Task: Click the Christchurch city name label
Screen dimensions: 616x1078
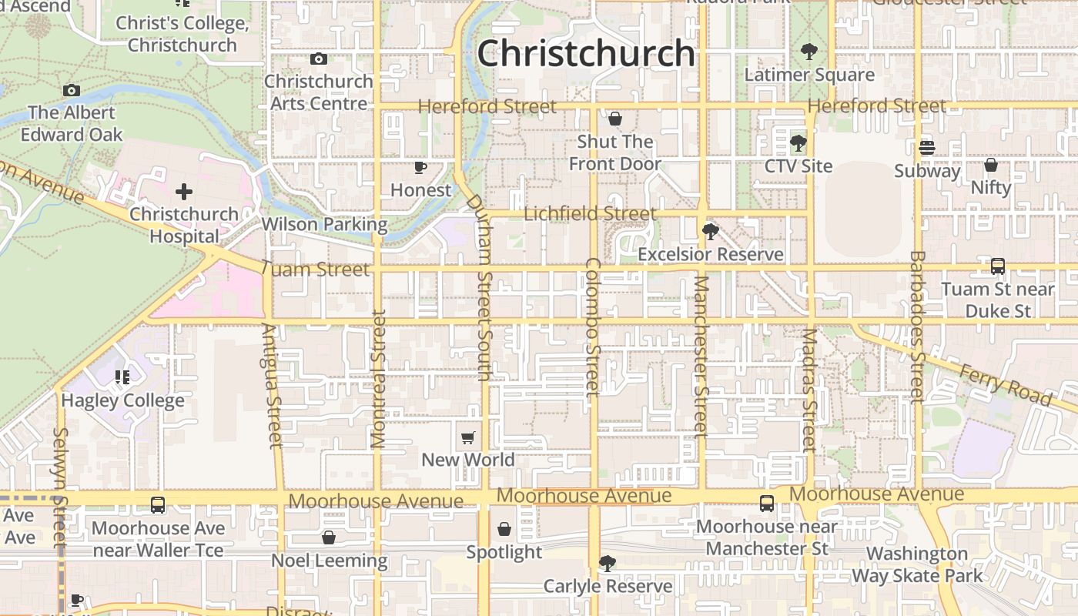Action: (586, 54)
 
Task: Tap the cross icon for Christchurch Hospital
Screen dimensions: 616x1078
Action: (183, 192)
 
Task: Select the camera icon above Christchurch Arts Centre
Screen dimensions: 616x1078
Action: (318, 59)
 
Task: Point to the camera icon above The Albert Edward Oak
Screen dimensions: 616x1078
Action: (72, 90)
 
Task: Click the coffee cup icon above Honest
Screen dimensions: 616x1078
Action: (420, 167)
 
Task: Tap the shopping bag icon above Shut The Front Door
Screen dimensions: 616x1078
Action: (614, 119)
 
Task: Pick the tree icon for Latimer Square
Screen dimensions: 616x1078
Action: (808, 52)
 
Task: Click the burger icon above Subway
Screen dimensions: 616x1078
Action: (927, 147)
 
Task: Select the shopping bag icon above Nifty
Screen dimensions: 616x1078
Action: (991, 165)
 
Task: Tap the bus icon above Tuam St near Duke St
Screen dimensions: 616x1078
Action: (998, 266)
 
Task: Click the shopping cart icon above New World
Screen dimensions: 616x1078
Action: (468, 438)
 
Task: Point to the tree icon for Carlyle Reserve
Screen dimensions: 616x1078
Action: (608, 564)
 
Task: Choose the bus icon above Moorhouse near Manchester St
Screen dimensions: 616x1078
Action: (767, 504)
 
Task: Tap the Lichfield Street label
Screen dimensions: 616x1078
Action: (590, 213)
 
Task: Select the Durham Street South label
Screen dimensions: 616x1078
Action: (480, 286)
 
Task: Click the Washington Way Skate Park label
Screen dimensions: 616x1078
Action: (917, 564)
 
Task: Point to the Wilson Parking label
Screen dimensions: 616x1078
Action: (324, 224)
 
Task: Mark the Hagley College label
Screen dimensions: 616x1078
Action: (123, 400)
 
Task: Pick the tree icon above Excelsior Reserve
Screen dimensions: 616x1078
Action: (710, 231)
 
